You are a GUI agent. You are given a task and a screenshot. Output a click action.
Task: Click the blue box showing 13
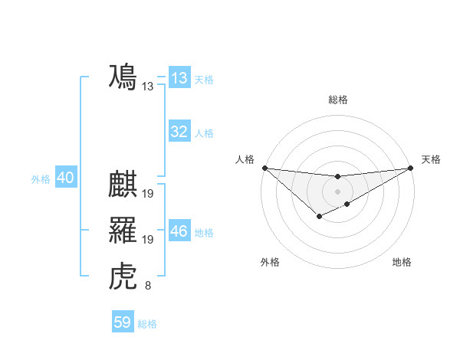tap(179, 78)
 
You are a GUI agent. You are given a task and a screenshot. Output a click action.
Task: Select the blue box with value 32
tap(179, 132)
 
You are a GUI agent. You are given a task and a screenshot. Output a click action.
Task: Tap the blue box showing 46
tap(179, 231)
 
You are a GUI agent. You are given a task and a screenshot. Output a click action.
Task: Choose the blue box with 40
tap(65, 178)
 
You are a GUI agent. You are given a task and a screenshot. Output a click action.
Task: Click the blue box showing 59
tap(123, 322)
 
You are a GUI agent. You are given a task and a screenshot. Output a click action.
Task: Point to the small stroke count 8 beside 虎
tap(148, 286)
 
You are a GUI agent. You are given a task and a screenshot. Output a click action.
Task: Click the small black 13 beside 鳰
tap(148, 87)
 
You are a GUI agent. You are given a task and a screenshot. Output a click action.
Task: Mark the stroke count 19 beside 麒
tap(148, 194)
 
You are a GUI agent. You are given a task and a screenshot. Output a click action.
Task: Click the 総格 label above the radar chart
tap(337, 100)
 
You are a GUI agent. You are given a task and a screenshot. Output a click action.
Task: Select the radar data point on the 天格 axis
tap(411, 168)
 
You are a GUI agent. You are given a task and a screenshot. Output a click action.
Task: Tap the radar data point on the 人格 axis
tap(264, 168)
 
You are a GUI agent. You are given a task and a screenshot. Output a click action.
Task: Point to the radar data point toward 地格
tap(347, 204)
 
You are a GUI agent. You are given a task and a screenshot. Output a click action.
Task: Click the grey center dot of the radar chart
tap(337, 191)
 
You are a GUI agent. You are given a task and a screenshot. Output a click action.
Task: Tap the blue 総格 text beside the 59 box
tap(147, 324)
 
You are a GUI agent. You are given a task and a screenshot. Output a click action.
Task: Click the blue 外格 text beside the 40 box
tap(41, 179)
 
